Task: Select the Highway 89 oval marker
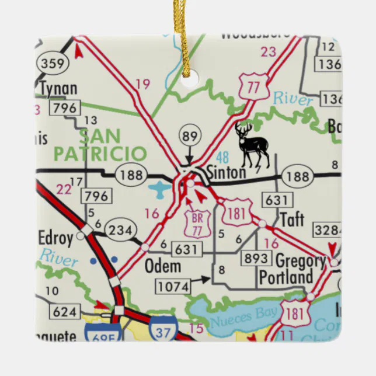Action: point(190,135)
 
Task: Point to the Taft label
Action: point(292,220)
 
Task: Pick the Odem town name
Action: point(162,267)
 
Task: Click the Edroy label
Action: point(55,238)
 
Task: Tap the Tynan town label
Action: point(58,89)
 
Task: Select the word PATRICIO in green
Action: point(99,154)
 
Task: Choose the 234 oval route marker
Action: point(121,229)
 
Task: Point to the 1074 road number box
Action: point(173,286)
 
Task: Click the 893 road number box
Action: point(256,258)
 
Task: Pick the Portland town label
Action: point(286,277)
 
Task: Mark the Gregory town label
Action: point(300,260)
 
